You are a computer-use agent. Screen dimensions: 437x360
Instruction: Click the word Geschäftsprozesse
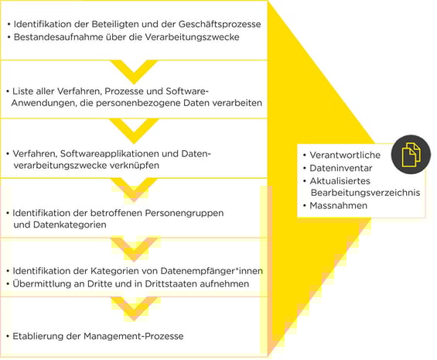coord(220,25)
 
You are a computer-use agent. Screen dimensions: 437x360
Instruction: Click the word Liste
coord(23,91)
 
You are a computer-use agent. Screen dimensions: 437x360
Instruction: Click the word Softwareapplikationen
coord(109,154)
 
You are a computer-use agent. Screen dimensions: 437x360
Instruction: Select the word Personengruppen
coord(184,214)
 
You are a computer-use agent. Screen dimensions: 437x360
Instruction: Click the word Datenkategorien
coord(70,225)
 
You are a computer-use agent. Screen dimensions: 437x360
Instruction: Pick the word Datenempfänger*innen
coord(211,271)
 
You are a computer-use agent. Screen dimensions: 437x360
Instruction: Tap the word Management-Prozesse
coord(134,336)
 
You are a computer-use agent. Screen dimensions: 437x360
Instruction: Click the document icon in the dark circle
coord(411,155)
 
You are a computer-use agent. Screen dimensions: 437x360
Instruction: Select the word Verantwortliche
coord(345,155)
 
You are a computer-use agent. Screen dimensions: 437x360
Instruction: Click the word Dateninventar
coord(341,168)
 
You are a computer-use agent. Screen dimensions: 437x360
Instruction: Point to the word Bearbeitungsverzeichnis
coord(365,193)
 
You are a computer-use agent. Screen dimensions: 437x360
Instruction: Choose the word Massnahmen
coord(338,206)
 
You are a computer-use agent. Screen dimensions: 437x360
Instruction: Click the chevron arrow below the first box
coord(134,72)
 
